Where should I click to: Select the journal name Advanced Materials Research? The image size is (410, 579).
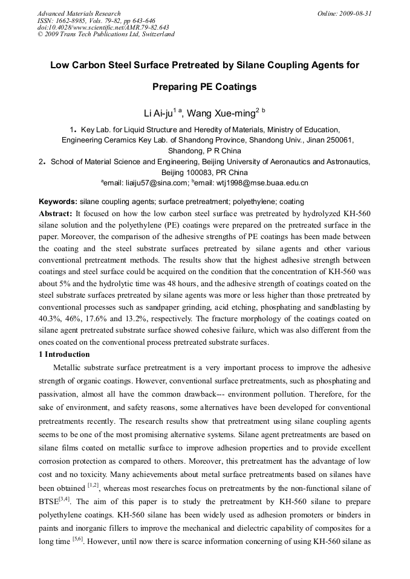click(79, 13)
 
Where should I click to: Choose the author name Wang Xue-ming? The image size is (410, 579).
click(224, 112)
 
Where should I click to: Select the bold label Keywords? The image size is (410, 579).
click(58, 202)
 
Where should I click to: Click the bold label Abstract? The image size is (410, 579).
click(56, 214)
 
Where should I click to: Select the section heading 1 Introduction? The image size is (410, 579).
click(64, 354)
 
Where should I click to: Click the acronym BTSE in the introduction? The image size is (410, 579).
click(51, 501)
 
